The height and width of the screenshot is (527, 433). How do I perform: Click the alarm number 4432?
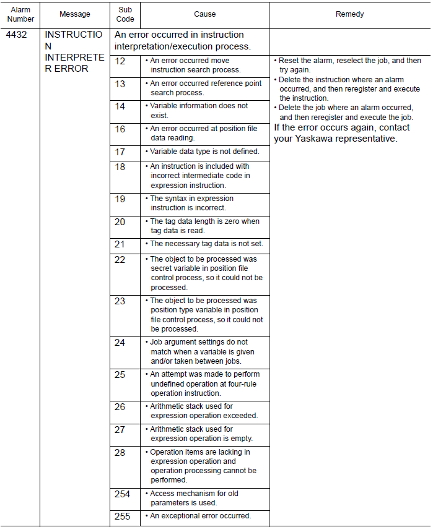(16, 35)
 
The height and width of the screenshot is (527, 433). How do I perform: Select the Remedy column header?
(349, 14)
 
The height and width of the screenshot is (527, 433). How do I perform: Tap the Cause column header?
(204, 14)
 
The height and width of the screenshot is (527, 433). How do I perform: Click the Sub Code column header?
(125, 14)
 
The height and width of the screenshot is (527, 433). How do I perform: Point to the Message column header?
(75, 14)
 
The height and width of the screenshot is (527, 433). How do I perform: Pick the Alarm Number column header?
(20, 14)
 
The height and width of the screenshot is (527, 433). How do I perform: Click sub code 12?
(120, 61)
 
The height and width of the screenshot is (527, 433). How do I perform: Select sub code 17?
(120, 152)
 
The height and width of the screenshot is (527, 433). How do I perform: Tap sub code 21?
(120, 244)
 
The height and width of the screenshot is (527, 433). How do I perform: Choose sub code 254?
(123, 494)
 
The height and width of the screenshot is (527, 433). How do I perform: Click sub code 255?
(123, 516)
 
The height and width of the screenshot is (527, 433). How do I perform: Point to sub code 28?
(120, 453)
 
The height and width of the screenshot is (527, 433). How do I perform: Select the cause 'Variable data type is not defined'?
(204, 152)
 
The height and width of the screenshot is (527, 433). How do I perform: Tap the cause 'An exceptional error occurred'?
(200, 516)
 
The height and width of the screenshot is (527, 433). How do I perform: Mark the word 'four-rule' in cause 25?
(243, 383)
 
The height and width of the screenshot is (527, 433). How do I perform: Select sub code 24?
(120, 343)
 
